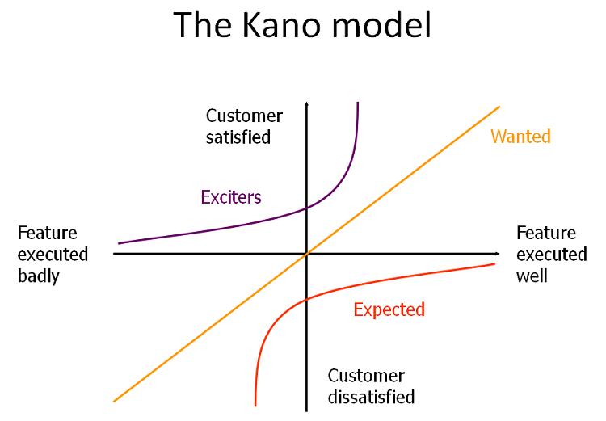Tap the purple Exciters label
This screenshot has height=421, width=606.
tap(231, 196)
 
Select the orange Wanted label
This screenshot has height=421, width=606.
tap(520, 137)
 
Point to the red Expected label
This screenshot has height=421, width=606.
tap(389, 309)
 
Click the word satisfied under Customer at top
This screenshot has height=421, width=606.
tap(238, 137)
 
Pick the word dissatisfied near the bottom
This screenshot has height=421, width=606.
tap(371, 397)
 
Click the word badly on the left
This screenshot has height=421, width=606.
tap(39, 276)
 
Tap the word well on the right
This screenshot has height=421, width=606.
tap(532, 276)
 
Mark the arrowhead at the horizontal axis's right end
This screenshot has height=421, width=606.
tap(495, 254)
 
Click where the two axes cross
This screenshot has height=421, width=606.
tap(307, 254)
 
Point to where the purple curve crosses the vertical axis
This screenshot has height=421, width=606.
tap(307, 208)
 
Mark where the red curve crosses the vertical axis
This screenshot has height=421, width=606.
tap(307, 300)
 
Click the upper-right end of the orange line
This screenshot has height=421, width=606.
tap(499, 107)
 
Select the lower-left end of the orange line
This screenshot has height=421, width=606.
tap(114, 401)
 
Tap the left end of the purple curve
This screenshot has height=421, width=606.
tap(119, 242)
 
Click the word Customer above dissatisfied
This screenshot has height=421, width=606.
tap(366, 376)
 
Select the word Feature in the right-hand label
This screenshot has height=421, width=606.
tap(546, 233)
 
